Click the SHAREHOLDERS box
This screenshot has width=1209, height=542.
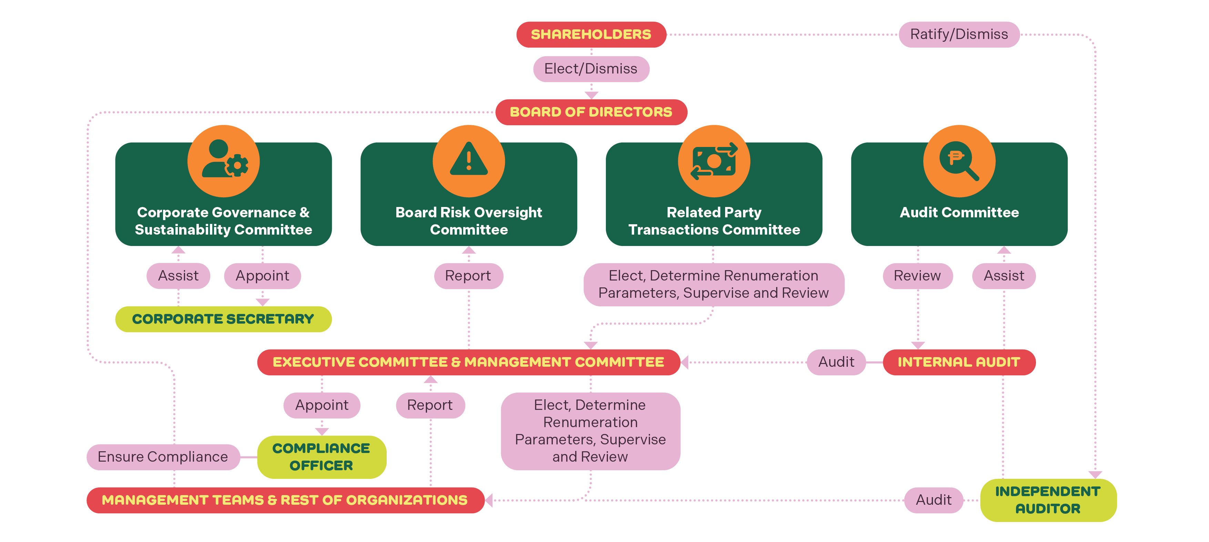click(x=591, y=34)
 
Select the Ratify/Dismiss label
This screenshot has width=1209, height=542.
click(x=958, y=34)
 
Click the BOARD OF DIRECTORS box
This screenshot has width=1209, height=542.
click(x=591, y=112)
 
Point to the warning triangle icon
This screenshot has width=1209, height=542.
click(x=468, y=160)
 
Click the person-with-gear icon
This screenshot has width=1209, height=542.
click(x=224, y=160)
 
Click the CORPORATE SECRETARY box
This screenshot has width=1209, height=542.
click(x=223, y=319)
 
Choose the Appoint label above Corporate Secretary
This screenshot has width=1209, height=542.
click(x=262, y=276)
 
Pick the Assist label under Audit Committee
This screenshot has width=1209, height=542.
click(x=1004, y=276)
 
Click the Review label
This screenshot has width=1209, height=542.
click(x=917, y=276)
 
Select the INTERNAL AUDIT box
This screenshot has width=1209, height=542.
click(x=958, y=362)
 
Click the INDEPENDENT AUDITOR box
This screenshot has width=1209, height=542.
click(x=1048, y=500)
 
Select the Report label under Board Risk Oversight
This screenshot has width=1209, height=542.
click(x=468, y=276)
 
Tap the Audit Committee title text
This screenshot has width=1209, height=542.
click(x=959, y=212)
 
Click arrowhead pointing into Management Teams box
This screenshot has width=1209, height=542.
click(x=489, y=500)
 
